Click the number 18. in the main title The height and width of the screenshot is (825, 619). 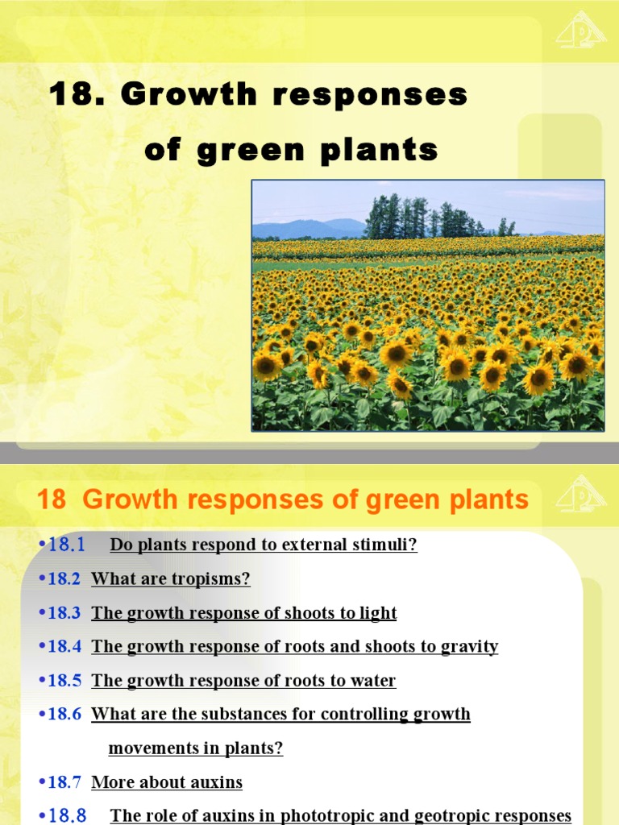coord(77,95)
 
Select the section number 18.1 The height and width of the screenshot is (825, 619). coord(66,545)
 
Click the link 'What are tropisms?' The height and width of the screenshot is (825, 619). coord(171,578)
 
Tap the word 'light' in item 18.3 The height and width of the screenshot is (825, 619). coord(377,612)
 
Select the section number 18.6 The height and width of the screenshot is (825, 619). coord(64,714)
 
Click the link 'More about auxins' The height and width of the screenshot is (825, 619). coord(167,781)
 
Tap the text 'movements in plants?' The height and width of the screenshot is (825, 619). coord(196,748)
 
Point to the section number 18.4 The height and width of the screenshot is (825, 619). coord(64,646)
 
